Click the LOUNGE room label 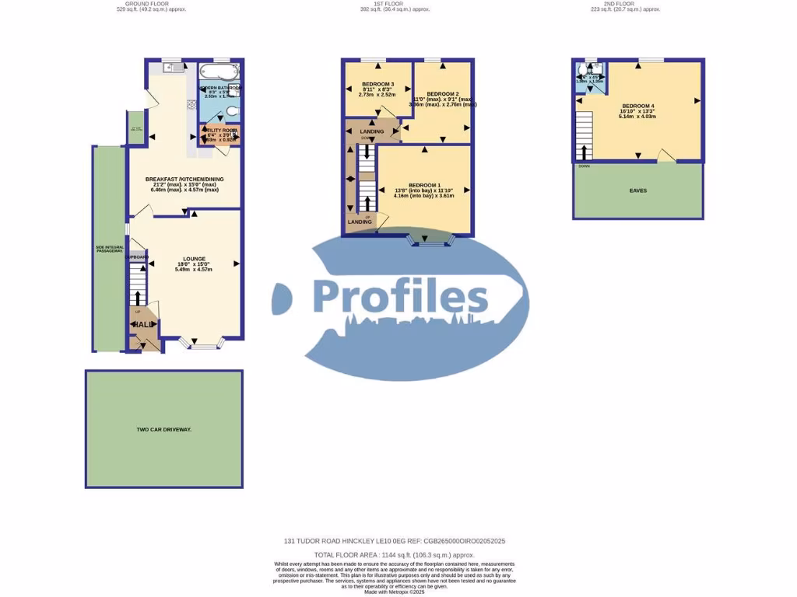point(194,259)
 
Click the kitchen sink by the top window point(173,68)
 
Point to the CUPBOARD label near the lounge point(137,257)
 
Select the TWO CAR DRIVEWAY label point(163,429)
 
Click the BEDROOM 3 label point(377,84)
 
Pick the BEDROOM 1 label point(424,185)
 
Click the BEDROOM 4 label point(637,106)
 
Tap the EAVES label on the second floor point(637,190)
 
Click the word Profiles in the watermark point(400,297)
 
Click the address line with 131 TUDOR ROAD point(398,541)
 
